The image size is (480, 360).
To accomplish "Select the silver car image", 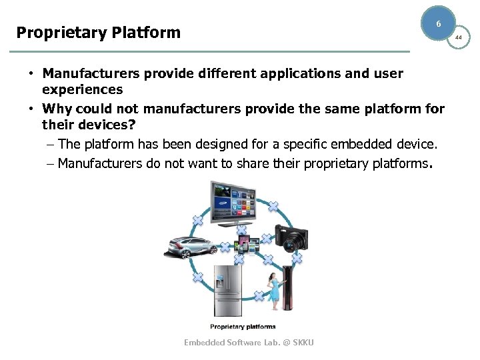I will tap(190, 246).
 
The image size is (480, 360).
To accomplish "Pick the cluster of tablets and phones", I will tap(244, 244).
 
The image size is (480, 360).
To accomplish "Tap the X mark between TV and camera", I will tap(273, 205).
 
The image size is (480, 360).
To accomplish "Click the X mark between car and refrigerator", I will tap(197, 276).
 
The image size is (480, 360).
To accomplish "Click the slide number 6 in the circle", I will tap(438, 24).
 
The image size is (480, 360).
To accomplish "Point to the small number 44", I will tap(458, 38).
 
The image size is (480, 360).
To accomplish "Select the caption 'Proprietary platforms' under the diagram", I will tap(243, 327).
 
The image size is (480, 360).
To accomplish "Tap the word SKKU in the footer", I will tap(302, 342).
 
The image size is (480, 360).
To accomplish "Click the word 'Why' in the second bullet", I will tap(57, 109).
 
